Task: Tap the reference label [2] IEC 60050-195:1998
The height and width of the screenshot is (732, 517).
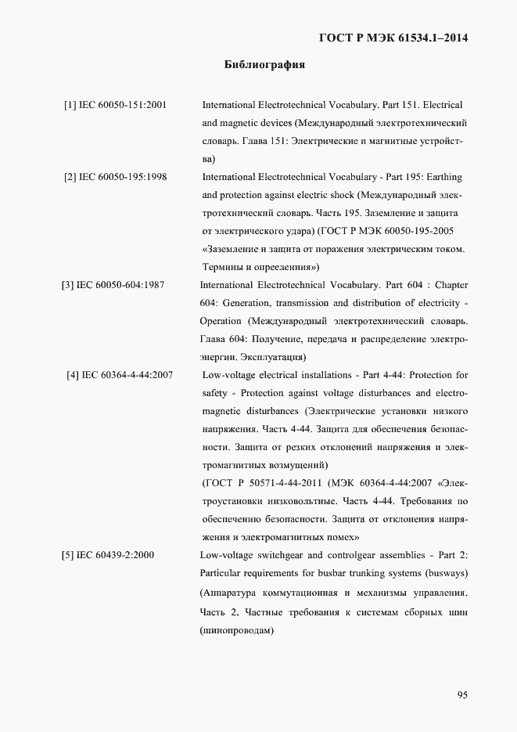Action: (x=116, y=177)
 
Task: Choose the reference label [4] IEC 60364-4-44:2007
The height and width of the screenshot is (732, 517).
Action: (x=120, y=375)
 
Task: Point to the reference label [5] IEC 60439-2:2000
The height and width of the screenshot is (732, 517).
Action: (x=108, y=555)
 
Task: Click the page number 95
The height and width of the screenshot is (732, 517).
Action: (x=461, y=694)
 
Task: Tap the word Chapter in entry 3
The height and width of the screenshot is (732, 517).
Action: (x=451, y=285)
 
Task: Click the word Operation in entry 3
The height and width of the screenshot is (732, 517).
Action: (x=221, y=321)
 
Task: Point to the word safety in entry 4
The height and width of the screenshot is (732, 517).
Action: (x=216, y=393)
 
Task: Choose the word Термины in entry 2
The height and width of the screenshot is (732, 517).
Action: (x=222, y=267)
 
